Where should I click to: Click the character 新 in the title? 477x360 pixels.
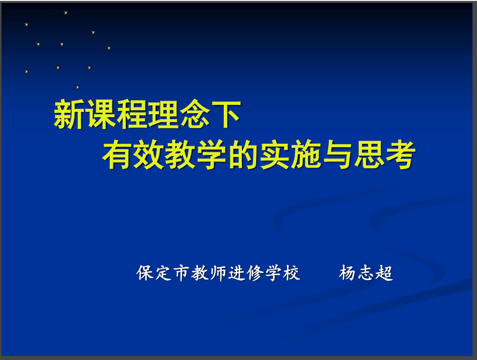point(69,115)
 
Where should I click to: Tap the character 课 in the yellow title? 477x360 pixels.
point(101,115)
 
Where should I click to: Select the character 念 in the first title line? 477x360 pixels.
point(195,115)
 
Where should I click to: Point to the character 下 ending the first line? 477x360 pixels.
point(226,115)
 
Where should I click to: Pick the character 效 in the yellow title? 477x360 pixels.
point(149,154)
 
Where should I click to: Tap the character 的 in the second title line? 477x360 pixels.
point(243,154)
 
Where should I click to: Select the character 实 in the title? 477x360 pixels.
point(275,154)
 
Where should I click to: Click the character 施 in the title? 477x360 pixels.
point(306,154)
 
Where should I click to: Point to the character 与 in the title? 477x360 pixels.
point(338,154)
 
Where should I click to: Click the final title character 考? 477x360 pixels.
point(400,154)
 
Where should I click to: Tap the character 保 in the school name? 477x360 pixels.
point(144,273)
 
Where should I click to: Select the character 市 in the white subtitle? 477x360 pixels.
point(182,273)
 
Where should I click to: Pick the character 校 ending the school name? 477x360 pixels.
point(292,273)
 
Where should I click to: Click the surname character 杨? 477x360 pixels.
point(347,273)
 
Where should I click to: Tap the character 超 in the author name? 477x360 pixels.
point(384,273)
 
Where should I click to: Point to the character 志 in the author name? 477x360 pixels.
point(366,273)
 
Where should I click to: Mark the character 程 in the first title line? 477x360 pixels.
point(132,115)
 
